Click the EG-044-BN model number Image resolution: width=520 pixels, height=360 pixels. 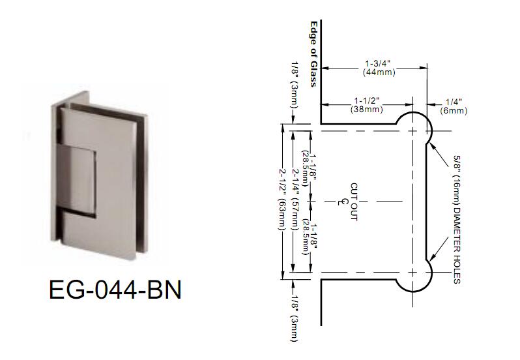(x=115, y=290)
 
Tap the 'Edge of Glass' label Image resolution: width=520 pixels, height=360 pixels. (x=313, y=54)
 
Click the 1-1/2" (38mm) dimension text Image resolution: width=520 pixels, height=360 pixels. (x=366, y=105)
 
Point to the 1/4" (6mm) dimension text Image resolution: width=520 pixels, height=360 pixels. (x=454, y=106)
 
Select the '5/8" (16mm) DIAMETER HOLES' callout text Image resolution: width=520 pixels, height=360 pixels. (x=457, y=219)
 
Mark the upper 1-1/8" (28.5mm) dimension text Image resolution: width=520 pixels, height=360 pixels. (x=309, y=168)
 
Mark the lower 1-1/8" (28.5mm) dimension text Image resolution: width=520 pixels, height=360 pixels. (x=309, y=236)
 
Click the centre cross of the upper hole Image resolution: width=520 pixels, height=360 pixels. (x=412, y=131)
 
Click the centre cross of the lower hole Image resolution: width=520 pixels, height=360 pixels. (x=412, y=273)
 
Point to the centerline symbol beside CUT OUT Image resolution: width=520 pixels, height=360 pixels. (x=338, y=202)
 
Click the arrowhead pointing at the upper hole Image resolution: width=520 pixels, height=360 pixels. (x=431, y=143)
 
